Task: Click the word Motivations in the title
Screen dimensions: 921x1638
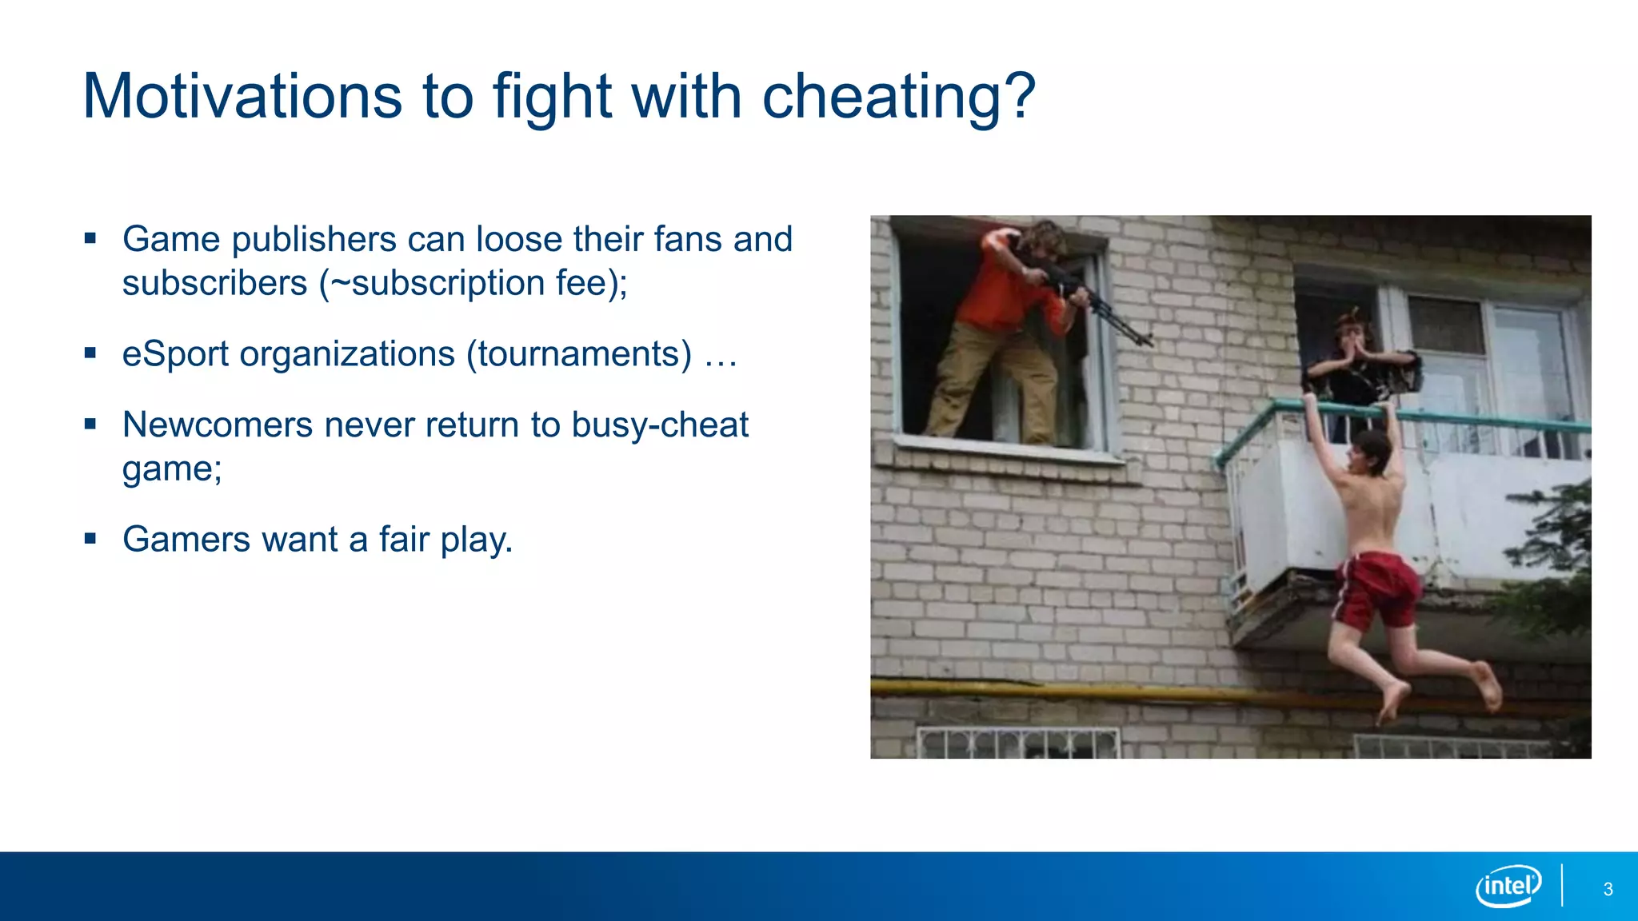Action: coord(242,97)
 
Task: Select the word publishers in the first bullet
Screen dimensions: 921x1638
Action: coord(314,240)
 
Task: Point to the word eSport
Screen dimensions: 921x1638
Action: coord(175,354)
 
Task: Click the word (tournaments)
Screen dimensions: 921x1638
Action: coord(579,354)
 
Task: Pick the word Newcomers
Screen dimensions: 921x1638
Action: coord(218,425)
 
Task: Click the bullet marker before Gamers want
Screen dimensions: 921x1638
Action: coord(90,538)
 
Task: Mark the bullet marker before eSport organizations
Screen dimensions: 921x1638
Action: coord(90,353)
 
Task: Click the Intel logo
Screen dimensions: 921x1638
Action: coord(1508,886)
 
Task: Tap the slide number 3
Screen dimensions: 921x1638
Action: coord(1608,890)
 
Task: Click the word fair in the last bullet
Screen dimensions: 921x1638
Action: coord(404,540)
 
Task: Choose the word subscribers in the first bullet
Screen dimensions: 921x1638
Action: coord(214,284)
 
